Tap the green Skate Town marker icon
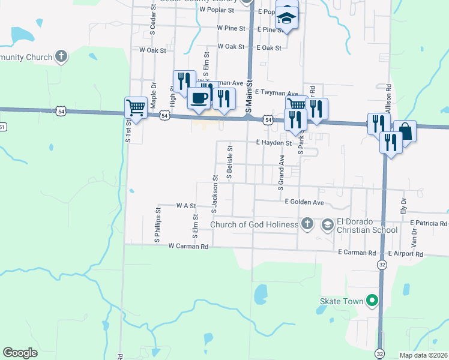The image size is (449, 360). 372,300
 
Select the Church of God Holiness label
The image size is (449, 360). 254,225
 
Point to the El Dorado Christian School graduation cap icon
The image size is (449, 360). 327,225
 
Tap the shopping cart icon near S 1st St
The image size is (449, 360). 136,108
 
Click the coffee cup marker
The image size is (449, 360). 199,98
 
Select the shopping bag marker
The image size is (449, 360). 405,131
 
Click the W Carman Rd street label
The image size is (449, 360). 188,246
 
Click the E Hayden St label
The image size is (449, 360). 273,143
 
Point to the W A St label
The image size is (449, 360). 186,205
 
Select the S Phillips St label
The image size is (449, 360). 157,225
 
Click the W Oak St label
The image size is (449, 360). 152,50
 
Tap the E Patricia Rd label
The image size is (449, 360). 429,223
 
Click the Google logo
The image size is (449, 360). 20,353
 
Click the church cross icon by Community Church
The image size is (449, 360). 60,57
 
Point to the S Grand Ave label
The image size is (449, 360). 280,172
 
